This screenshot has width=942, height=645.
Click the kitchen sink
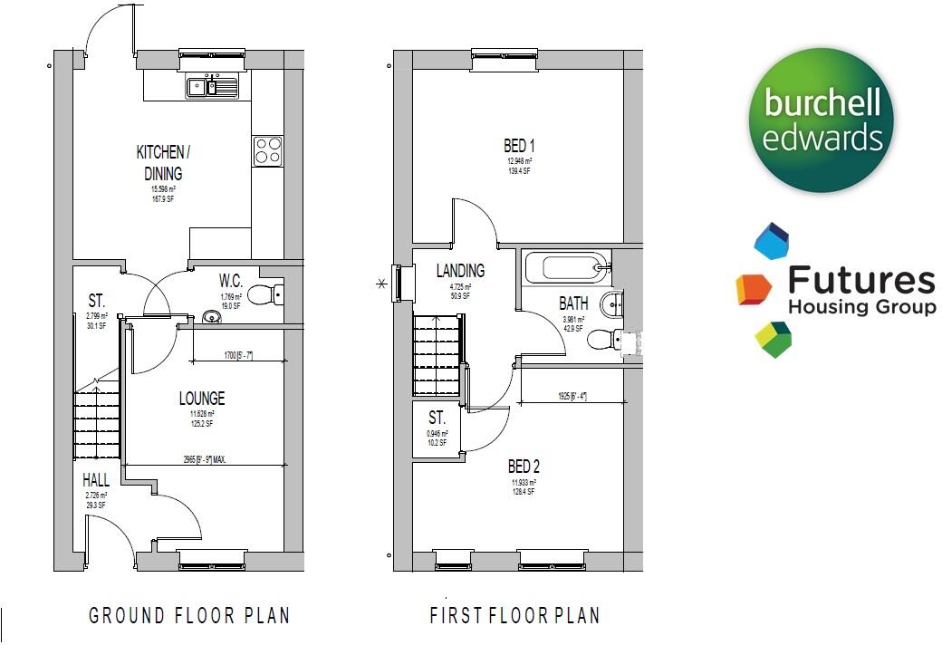(212, 87)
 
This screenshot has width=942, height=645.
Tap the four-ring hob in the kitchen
(266, 150)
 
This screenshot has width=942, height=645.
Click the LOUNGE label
(201, 399)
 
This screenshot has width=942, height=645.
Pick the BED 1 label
(519, 146)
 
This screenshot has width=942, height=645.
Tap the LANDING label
(460, 271)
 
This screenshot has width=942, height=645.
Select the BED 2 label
(523, 467)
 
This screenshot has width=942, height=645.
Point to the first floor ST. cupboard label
(437, 419)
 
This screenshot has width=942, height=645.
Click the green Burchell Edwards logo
(821, 120)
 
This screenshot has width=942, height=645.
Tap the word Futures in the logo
(860, 281)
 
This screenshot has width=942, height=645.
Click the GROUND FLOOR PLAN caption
(189, 616)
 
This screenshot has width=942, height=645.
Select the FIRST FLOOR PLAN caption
(514, 616)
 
